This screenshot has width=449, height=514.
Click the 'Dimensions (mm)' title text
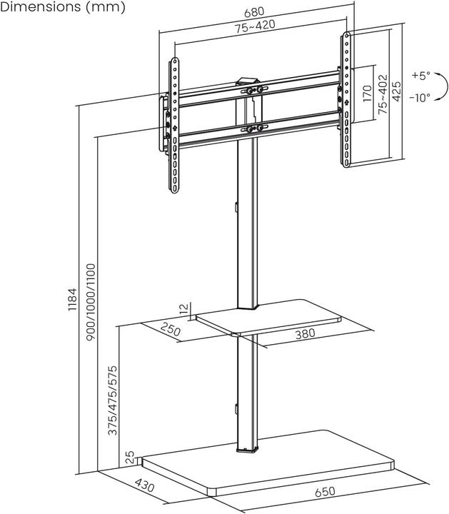click(x=63, y=8)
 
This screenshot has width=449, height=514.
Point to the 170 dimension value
click(x=366, y=94)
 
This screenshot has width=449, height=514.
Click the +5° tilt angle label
click(x=421, y=75)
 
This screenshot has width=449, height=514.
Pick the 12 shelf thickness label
click(x=184, y=309)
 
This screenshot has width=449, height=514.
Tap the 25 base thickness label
click(x=129, y=456)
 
